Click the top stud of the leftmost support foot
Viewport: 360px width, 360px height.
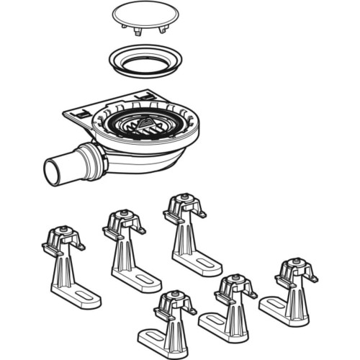[x=63, y=230]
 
